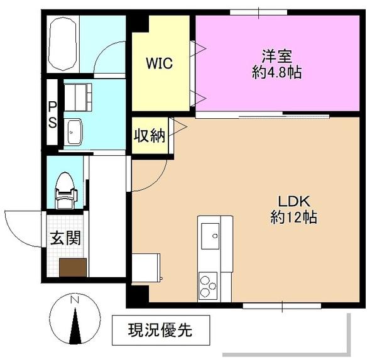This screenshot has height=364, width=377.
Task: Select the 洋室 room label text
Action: [273, 55]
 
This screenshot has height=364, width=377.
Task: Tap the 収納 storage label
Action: [149, 135]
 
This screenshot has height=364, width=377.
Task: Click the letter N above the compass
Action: [75, 301]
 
